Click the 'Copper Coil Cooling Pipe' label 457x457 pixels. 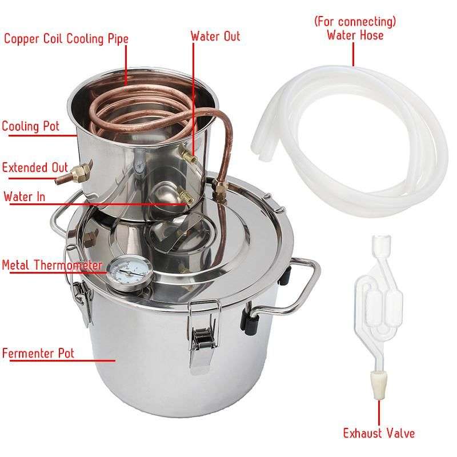click(66, 39)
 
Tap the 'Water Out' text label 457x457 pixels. click(215, 36)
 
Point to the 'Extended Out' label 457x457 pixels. click(34, 167)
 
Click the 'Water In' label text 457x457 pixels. click(25, 197)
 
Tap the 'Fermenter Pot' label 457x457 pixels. click(38, 352)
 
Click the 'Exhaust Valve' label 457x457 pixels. click(379, 433)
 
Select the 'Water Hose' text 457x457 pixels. click(355, 35)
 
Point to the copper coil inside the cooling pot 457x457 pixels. click(143, 109)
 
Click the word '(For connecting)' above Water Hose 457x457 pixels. click(355, 22)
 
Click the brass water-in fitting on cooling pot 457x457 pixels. click(185, 195)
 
